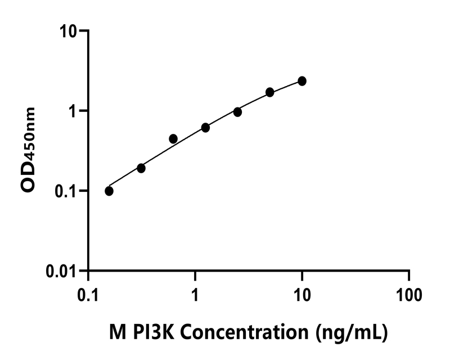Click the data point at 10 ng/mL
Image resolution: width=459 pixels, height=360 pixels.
(302, 81)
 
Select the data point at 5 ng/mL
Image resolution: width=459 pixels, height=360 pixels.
(270, 92)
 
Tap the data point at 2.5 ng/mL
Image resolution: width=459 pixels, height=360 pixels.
(237, 112)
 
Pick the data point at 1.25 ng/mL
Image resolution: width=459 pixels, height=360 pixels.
(205, 128)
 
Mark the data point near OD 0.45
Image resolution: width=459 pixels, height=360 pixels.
(173, 138)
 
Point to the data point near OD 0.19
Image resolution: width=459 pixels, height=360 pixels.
(141, 168)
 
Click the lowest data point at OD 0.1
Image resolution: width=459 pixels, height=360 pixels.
(109, 191)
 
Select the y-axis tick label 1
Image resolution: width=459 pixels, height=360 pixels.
(73, 111)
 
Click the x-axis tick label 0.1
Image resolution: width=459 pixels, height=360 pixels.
(88, 294)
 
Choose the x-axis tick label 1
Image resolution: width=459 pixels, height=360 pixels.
(195, 294)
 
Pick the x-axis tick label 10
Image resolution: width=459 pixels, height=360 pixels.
(302, 294)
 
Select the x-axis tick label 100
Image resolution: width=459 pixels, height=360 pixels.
(409, 294)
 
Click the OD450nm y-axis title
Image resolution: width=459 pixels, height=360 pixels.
(29, 150)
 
